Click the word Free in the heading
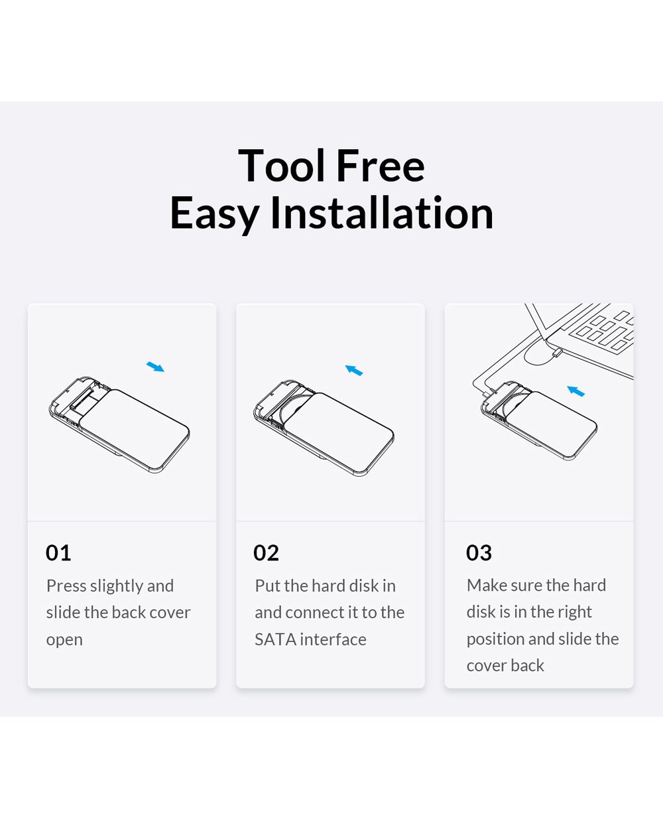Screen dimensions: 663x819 click(381, 165)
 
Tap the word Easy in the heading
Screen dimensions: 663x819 click(214, 214)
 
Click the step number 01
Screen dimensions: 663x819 click(58, 553)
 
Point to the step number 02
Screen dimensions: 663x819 click(266, 553)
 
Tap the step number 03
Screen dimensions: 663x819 click(479, 553)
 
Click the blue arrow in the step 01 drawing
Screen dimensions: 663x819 click(155, 367)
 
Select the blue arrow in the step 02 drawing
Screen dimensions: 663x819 click(354, 370)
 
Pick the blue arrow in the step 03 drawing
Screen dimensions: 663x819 click(575, 391)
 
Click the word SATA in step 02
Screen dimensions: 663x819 click(276, 640)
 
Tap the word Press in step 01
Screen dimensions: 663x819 click(66, 586)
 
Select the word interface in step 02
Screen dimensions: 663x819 click(333, 639)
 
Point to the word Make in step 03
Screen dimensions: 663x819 click(485, 585)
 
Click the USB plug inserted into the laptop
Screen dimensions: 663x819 click(556, 353)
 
